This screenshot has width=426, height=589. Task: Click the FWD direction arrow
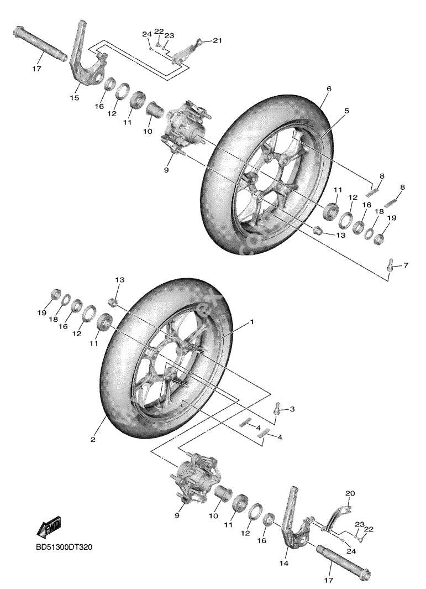pos(49,527)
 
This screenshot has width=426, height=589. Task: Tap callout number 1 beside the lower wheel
pos(252,321)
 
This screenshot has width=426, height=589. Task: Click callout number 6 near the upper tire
pos(328,88)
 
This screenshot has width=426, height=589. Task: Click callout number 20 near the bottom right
pos(349,493)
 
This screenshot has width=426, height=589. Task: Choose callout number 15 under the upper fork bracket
pos(74,98)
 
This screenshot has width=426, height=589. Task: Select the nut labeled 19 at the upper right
pos(380,239)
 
